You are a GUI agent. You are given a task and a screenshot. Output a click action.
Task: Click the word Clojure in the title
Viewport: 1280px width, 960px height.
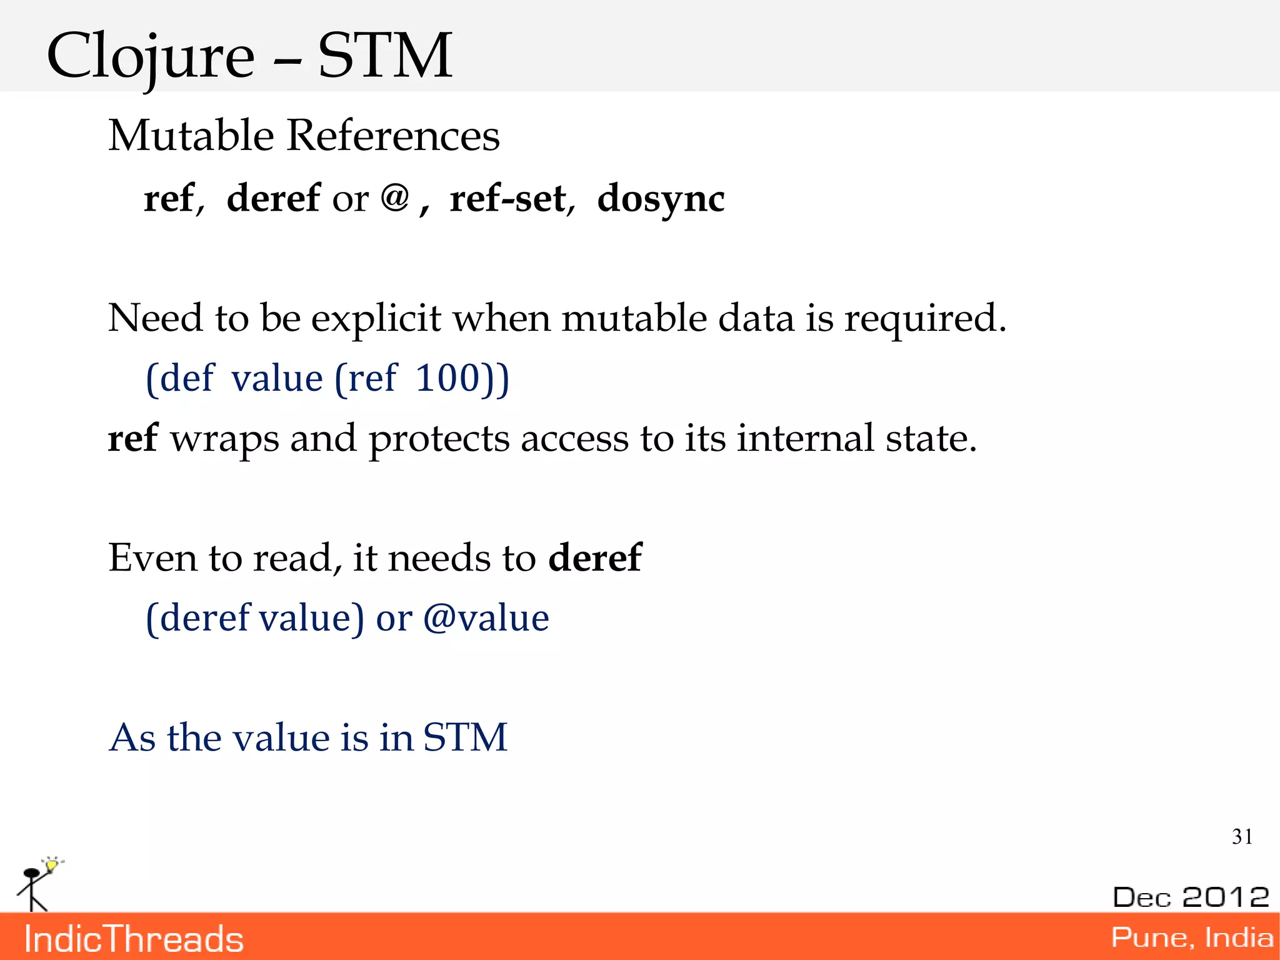click(x=150, y=58)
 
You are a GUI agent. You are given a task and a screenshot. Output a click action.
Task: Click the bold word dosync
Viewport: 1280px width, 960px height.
click(x=661, y=199)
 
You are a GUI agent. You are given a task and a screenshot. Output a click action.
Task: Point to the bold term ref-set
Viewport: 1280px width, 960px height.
click(x=507, y=199)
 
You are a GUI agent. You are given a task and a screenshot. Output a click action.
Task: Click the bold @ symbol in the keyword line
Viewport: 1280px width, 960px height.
click(x=394, y=198)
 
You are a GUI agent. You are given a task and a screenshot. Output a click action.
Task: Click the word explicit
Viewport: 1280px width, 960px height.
click(x=376, y=318)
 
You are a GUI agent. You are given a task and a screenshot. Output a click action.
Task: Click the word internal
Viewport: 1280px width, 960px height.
click(x=805, y=438)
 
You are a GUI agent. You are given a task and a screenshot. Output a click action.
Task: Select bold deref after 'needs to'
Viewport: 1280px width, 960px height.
click(x=594, y=557)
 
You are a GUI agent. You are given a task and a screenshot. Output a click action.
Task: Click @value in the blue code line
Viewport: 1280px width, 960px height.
click(x=486, y=618)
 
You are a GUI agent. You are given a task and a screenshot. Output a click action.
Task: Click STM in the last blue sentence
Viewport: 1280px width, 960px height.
click(x=465, y=737)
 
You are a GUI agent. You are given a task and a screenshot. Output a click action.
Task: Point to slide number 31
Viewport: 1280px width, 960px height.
click(x=1242, y=837)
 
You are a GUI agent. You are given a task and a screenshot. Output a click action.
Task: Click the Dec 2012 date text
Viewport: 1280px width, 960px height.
click(x=1191, y=897)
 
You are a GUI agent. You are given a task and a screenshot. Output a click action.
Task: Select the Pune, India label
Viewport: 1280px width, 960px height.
click(x=1192, y=937)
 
